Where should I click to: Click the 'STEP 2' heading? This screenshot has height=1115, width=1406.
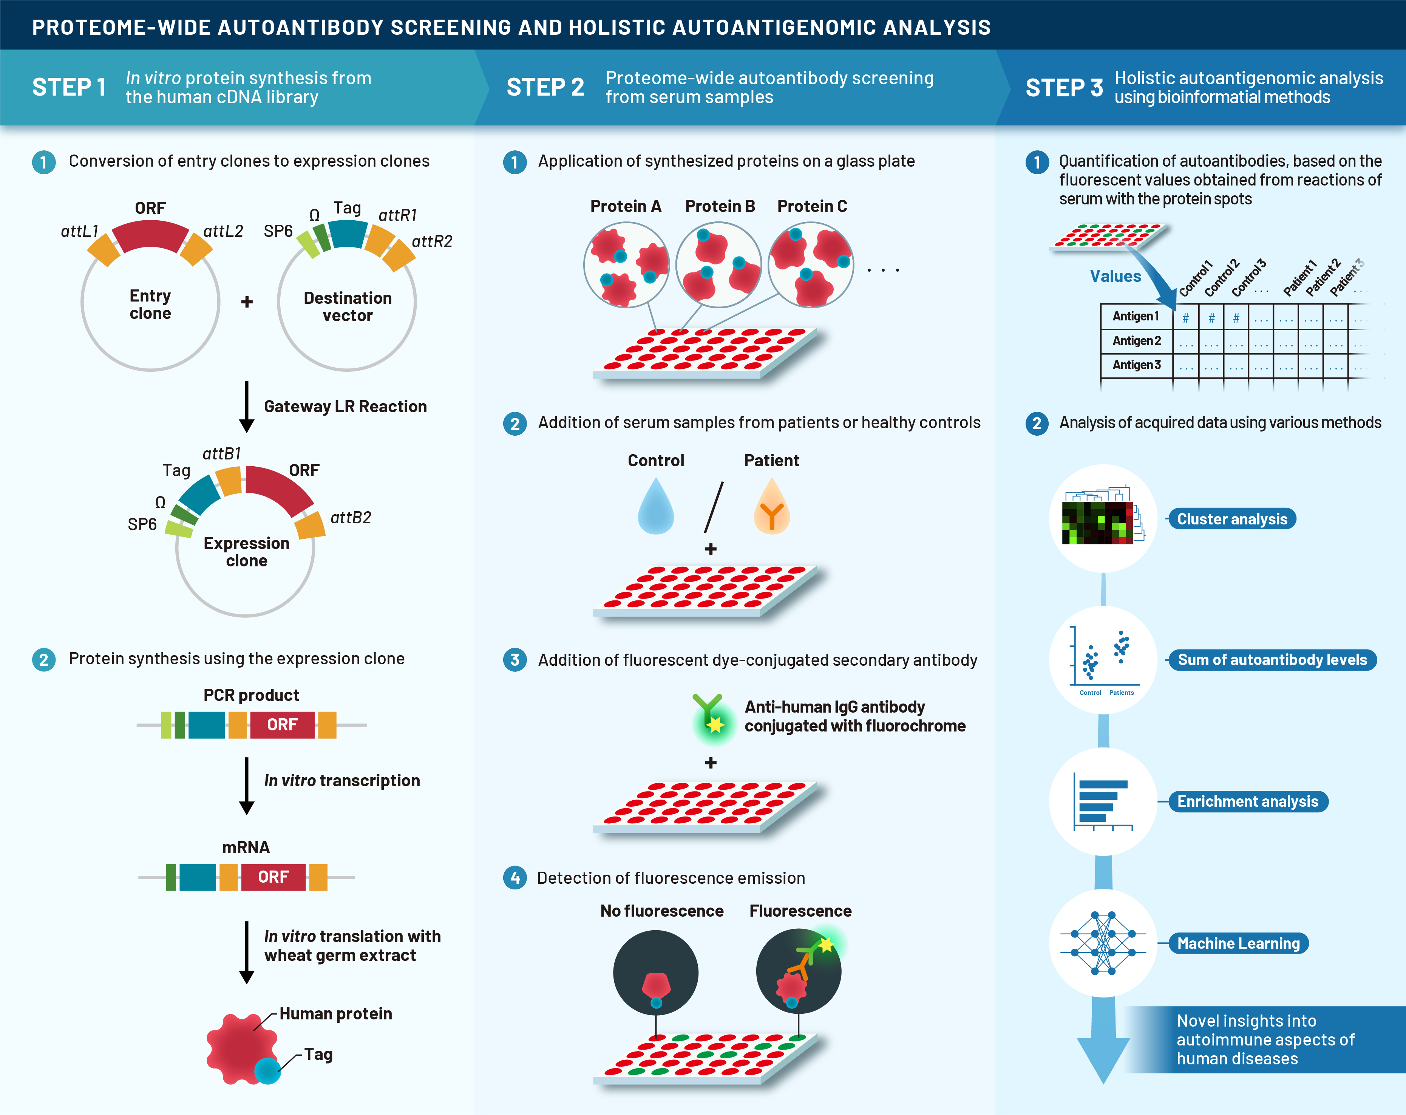[545, 87]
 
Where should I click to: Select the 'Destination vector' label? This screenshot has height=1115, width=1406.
[348, 307]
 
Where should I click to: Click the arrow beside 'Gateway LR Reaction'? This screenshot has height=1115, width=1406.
[247, 407]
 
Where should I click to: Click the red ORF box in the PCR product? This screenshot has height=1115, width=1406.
[282, 725]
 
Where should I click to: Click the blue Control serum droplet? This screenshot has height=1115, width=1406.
[655, 507]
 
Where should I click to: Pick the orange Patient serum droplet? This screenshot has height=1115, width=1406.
[771, 507]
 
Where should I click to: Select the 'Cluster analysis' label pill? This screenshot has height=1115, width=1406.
[1232, 519]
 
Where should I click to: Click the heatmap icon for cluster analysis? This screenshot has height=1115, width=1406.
[1102, 519]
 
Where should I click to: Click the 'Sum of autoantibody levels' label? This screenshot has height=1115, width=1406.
[1272, 660]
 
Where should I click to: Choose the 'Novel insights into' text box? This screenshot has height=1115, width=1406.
[1265, 1039]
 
